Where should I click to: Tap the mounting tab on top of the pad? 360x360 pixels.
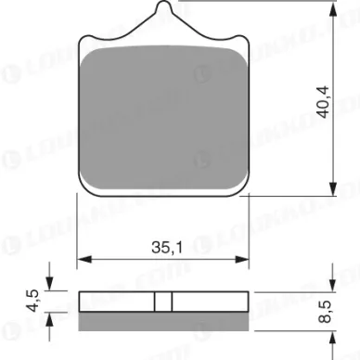[164, 19]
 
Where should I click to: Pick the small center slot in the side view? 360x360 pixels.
[164, 302]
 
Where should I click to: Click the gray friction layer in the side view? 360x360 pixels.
[164, 317]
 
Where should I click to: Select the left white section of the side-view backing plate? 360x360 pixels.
[117, 302]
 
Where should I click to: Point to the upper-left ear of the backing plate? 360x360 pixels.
[88, 44]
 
